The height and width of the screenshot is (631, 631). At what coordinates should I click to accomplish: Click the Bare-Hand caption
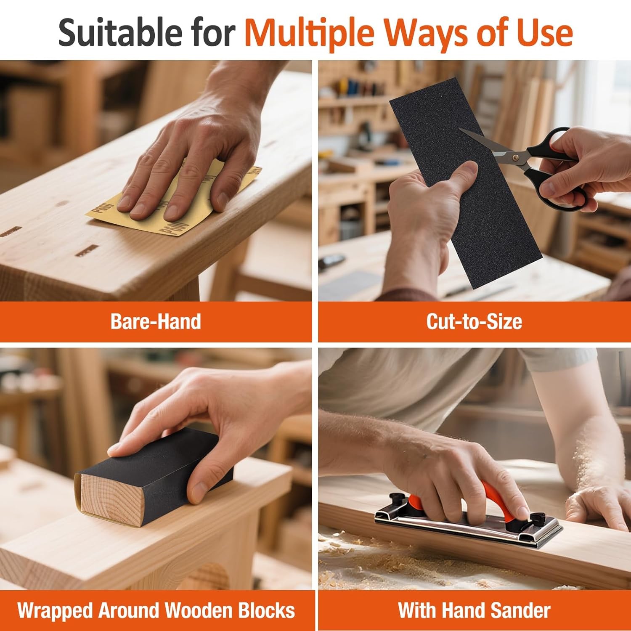(x=156, y=322)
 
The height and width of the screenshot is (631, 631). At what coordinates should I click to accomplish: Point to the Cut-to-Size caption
(x=474, y=322)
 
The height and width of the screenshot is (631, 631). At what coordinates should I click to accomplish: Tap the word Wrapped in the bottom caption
(x=55, y=611)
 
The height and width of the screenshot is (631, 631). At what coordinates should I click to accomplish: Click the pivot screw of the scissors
(x=515, y=157)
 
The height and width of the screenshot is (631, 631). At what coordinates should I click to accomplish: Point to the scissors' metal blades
(x=488, y=145)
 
